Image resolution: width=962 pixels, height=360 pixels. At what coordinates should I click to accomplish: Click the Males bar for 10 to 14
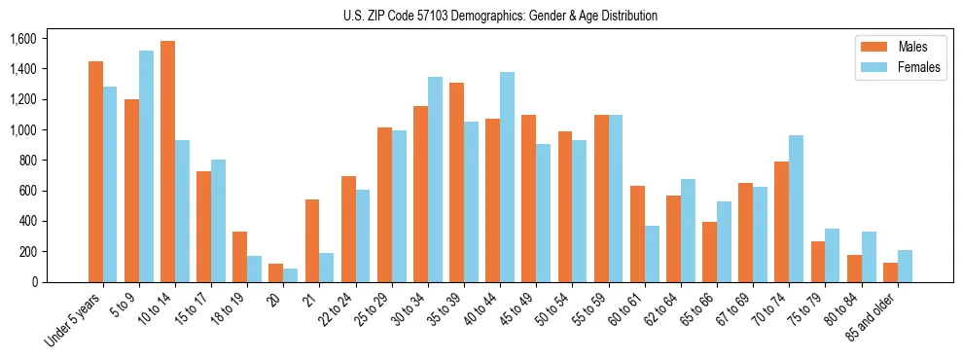pos(168,162)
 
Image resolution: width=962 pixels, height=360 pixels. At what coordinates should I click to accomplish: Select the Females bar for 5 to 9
pos(146,166)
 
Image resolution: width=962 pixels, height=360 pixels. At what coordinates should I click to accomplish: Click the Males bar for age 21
pos(312,240)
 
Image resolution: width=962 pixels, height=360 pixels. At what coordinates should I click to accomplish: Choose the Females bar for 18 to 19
pos(254,269)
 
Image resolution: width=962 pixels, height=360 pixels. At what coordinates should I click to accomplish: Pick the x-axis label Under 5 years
pos(74,321)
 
